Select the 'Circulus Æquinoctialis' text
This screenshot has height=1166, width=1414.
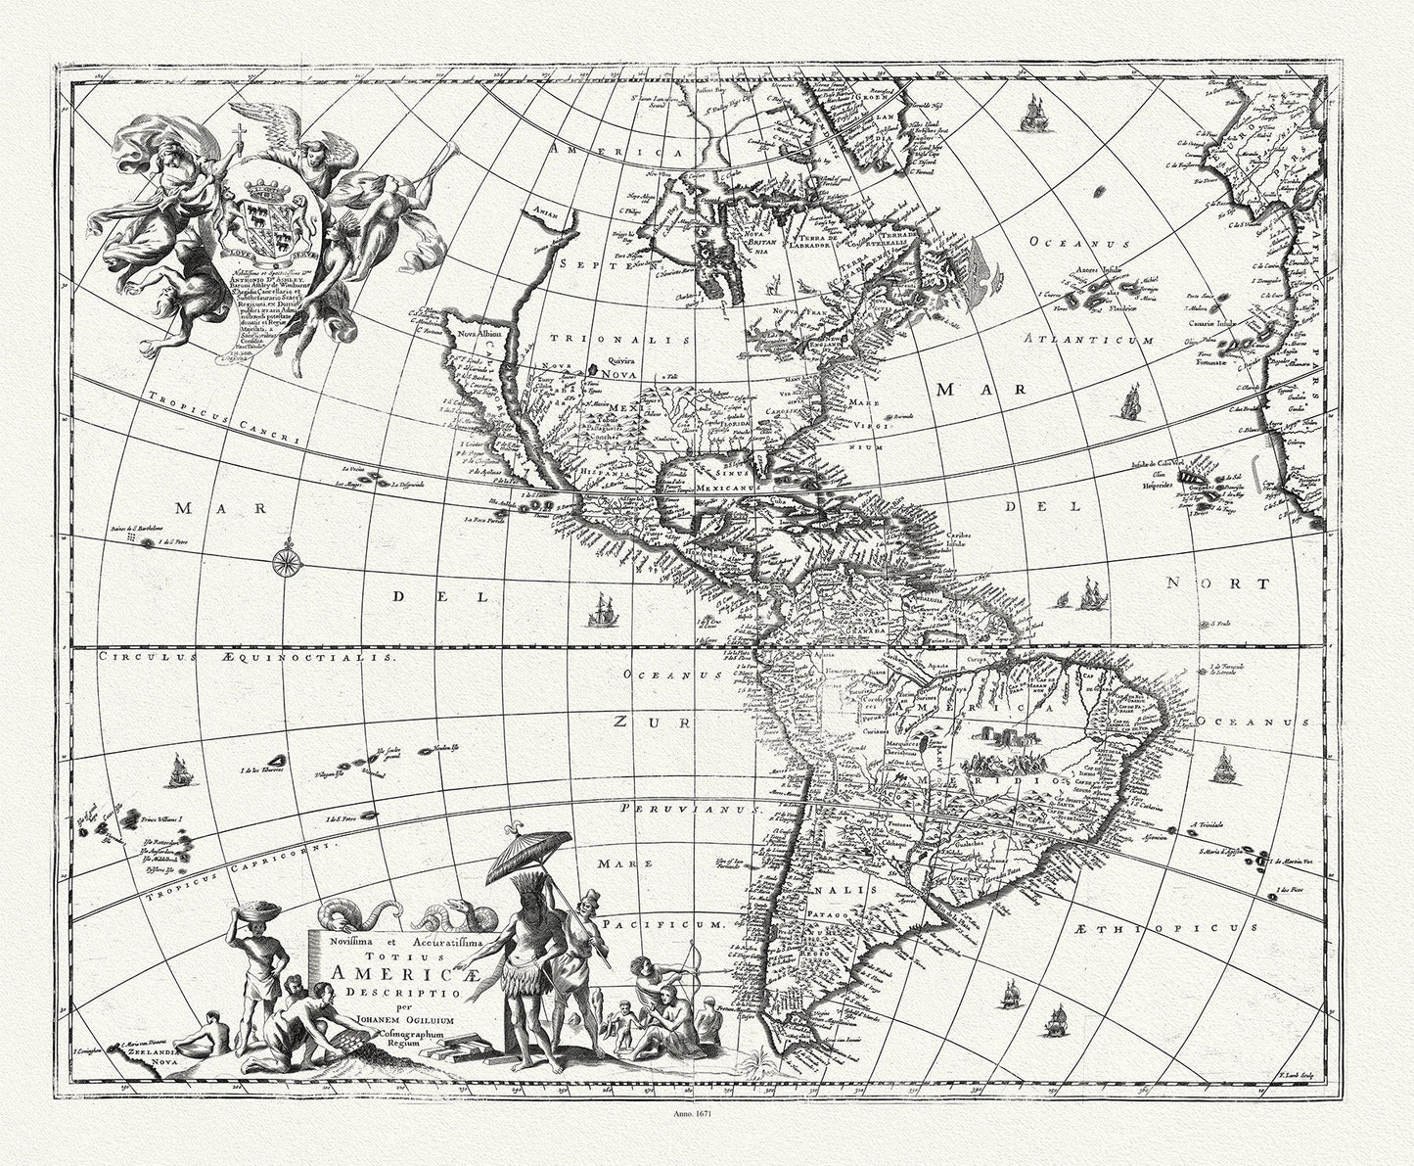pyautogui.click(x=236, y=658)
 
